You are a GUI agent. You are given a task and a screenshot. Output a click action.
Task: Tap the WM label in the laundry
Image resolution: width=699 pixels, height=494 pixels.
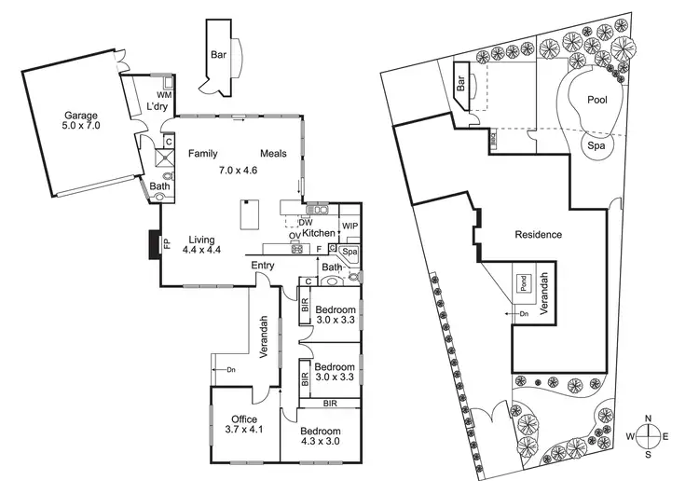pyautogui.click(x=164, y=96)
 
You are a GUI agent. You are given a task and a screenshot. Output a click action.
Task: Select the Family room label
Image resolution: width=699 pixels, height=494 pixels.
pyautogui.click(x=203, y=154)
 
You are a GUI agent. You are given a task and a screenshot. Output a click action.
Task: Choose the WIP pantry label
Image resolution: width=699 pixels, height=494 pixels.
pyautogui.click(x=350, y=226)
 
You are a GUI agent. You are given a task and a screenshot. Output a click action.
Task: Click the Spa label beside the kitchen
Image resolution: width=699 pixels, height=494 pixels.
pyautogui.click(x=350, y=253)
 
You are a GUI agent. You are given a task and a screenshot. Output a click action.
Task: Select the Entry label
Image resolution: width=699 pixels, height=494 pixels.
pyautogui.click(x=263, y=267)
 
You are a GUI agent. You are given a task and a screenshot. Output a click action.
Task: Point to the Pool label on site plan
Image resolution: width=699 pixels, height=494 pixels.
pyautogui.click(x=597, y=100)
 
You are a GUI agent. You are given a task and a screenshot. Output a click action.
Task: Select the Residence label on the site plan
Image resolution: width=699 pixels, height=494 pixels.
pyautogui.click(x=538, y=235)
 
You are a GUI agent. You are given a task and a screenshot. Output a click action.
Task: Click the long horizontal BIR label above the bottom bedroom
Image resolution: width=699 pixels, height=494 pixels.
pyautogui.click(x=330, y=404)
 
